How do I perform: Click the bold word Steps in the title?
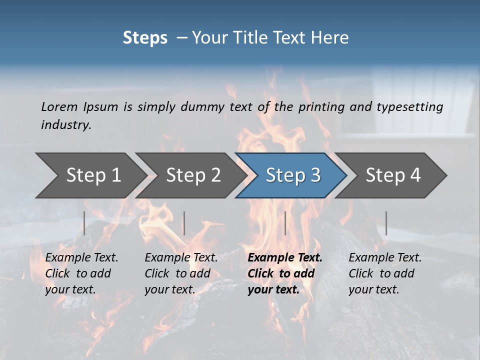tap(145, 38)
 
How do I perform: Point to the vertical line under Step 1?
tap(84, 223)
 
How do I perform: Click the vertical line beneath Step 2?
tap(184, 223)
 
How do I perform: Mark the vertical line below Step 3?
tap(285, 223)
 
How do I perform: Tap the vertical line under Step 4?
tap(386, 223)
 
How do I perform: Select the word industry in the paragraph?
tap(66, 124)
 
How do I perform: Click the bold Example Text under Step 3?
tap(285, 257)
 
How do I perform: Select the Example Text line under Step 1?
tap(81, 257)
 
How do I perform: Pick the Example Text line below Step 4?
tap(385, 257)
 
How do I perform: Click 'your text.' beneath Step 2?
tap(170, 289)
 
